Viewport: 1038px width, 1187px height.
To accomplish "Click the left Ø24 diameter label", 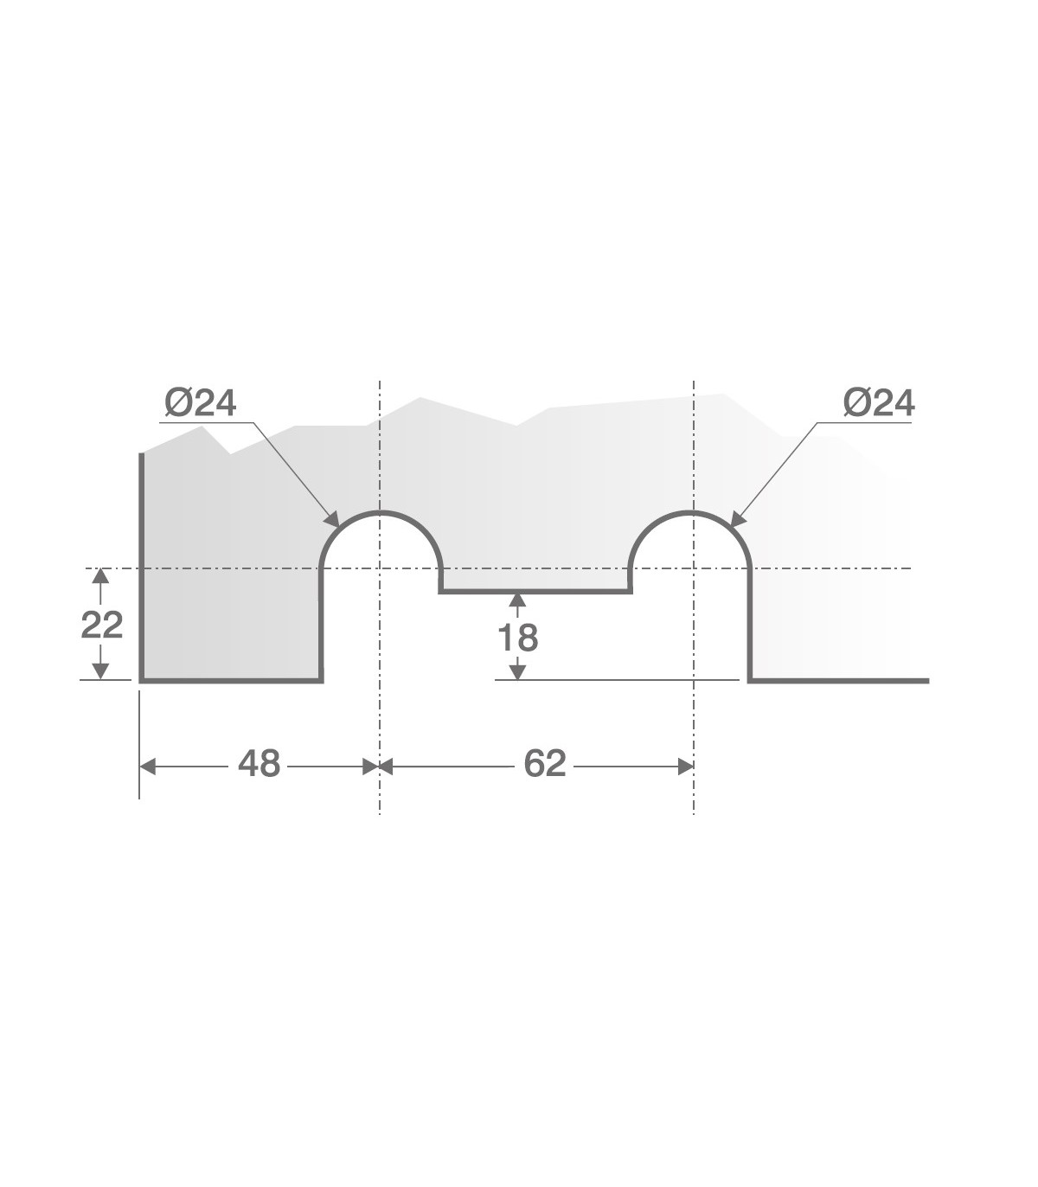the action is point(201,403).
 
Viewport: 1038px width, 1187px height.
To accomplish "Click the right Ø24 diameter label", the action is point(879,403).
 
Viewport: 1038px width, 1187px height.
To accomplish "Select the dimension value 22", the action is point(102,625).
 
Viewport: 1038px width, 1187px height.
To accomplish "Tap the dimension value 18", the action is point(518,638).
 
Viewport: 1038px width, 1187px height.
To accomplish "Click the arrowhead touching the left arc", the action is point(332,519).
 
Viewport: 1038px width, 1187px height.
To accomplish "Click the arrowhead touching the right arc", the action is point(738,519).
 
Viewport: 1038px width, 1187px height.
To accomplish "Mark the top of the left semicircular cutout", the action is point(380,513).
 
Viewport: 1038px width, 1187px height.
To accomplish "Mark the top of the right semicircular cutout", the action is point(690,513).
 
